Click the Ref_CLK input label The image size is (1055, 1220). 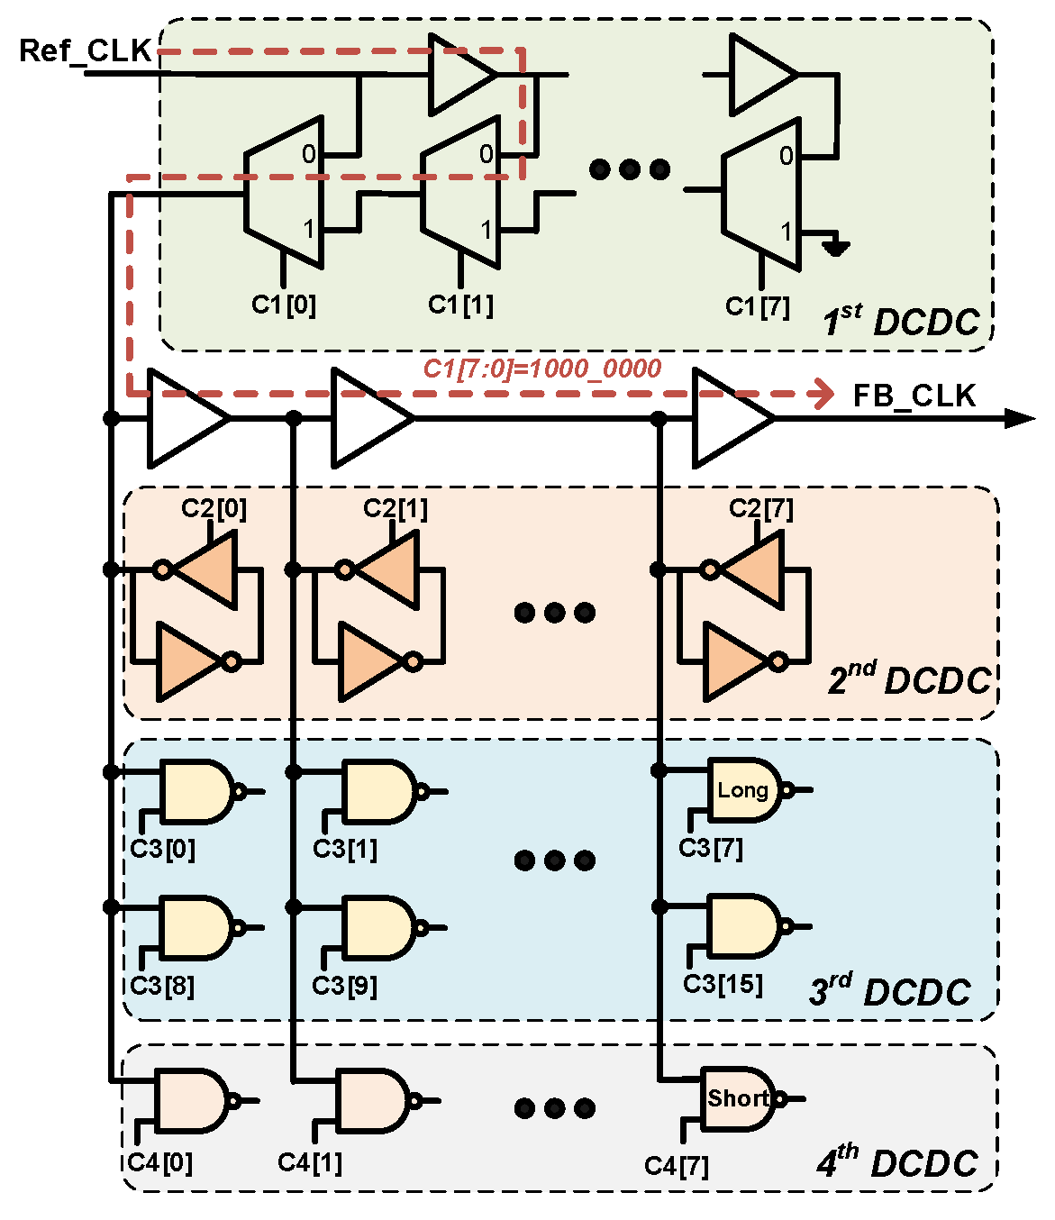85,50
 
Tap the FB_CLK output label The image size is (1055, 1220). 914,396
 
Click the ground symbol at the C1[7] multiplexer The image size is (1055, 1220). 835,246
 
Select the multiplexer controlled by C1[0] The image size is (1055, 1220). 284,192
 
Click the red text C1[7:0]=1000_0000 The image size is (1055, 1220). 542,368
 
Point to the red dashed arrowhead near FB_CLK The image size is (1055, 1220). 823,393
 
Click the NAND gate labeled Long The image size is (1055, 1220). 744,790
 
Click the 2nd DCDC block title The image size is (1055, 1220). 909,678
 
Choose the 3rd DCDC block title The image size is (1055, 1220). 890,990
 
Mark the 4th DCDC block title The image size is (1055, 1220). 897,1162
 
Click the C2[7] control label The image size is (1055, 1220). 760,508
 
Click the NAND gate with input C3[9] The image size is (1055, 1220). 378,927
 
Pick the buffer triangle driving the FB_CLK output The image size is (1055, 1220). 731,418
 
